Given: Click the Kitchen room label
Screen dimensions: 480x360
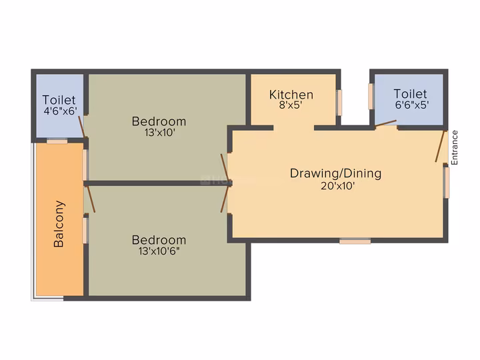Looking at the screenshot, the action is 291,95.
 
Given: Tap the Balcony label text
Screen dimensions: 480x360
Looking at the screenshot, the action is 59,224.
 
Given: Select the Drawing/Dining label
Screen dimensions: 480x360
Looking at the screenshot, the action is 335,173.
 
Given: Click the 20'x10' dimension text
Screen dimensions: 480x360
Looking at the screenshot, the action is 337,186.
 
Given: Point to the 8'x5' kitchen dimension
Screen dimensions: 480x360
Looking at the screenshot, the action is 291,105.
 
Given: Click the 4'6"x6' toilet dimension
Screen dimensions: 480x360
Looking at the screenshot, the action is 60,111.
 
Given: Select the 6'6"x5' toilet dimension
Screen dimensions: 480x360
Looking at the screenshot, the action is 412,105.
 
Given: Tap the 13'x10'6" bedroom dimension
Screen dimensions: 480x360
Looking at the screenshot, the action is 159,251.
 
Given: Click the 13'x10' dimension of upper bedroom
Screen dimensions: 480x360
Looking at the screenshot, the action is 159,133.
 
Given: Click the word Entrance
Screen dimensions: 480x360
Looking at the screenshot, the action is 454,147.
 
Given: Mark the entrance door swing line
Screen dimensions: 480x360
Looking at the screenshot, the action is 439,146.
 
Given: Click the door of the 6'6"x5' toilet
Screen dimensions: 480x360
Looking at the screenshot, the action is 386,123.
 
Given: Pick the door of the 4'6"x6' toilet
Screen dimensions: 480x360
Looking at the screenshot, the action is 81,127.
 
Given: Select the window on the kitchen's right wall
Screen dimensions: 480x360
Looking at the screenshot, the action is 339,103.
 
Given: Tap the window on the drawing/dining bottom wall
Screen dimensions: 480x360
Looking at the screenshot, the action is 355,241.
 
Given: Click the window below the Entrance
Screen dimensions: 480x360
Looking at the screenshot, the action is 447,183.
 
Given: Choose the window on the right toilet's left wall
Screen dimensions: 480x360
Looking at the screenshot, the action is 371,96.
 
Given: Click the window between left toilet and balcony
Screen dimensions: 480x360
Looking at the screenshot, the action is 57,141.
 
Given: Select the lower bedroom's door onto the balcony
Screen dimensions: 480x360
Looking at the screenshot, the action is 91,199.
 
